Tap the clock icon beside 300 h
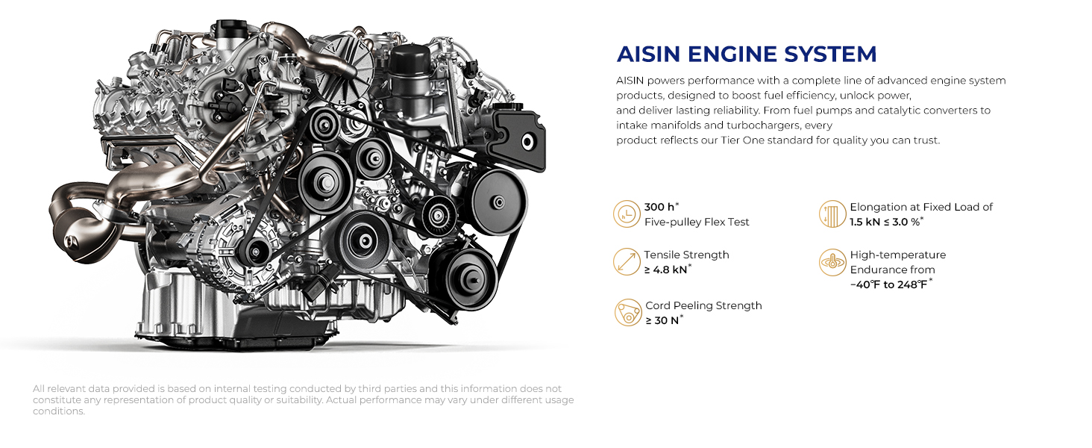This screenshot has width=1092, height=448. tap(627, 214)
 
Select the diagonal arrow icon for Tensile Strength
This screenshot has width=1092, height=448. tap(627, 261)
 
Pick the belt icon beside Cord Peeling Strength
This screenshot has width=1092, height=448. tap(628, 312)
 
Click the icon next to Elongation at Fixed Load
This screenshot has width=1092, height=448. tap(832, 214)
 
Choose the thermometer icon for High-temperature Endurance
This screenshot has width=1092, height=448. tap(832, 262)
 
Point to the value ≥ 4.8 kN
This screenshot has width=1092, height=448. tap(665, 270)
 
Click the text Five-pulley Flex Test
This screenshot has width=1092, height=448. tap(697, 222)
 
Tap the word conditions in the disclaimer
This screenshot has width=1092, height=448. tap(58, 411)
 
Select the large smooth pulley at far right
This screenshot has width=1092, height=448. tap(498, 202)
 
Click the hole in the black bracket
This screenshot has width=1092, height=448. tap(527, 142)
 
